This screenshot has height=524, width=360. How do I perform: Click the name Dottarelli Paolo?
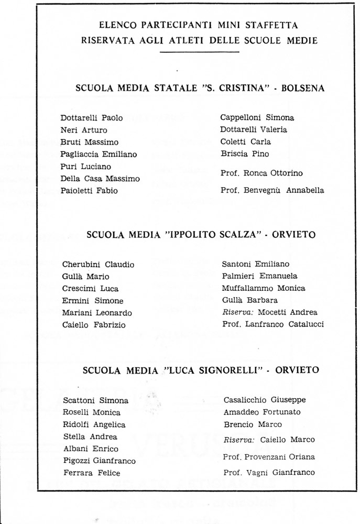(92, 118)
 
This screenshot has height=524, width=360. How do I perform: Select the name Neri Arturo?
(84, 130)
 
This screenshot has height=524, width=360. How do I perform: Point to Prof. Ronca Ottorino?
(261, 173)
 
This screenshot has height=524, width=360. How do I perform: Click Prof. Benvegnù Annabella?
(272, 191)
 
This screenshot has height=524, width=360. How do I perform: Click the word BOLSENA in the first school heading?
(303, 89)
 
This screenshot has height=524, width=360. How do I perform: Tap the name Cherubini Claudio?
(98, 265)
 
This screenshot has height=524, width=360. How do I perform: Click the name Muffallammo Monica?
(263, 288)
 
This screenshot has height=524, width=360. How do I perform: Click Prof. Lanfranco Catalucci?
(273, 324)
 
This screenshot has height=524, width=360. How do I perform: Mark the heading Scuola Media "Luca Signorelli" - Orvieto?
(201, 370)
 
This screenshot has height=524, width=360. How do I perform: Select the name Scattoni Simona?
(95, 400)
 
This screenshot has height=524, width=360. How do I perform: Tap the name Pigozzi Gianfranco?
(99, 461)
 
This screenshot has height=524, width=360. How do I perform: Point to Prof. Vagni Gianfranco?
(269, 473)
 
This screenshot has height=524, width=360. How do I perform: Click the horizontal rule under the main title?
(199, 51)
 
